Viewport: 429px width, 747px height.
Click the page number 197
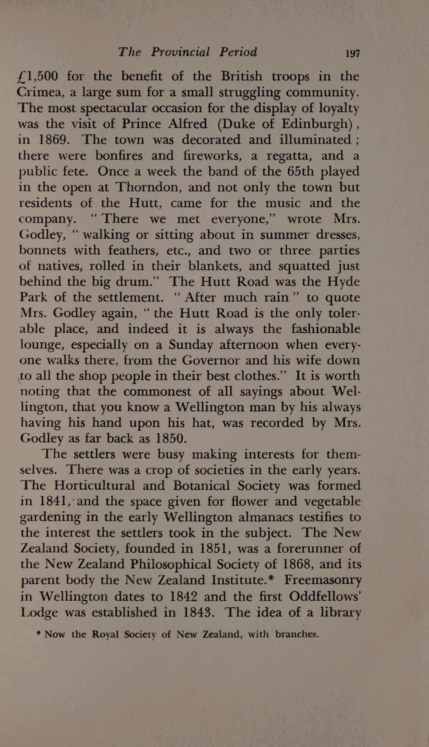coord(352,53)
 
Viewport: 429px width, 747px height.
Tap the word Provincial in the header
coord(180,52)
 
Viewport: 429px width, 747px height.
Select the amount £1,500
coord(38,76)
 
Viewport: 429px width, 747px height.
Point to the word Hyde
coord(343,282)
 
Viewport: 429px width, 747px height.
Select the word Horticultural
coord(95,486)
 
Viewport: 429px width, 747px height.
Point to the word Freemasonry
coord(323,580)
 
